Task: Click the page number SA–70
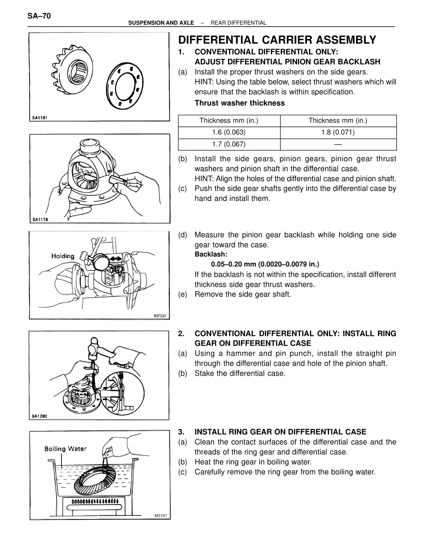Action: tap(39, 16)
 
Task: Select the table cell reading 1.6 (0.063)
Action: tap(229, 132)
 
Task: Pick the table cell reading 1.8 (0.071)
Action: tap(338, 132)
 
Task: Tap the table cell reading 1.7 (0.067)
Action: tap(229, 144)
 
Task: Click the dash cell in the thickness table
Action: tap(338, 144)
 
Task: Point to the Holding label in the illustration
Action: tap(63, 256)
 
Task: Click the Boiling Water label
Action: tap(65, 449)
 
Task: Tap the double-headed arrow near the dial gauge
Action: tap(116, 259)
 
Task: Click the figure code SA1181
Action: tap(40, 118)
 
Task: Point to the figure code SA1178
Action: tap(40, 219)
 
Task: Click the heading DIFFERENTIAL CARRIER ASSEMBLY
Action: tap(277, 40)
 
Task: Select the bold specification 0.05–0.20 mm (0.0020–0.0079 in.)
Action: tap(265, 264)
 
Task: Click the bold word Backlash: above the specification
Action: tap(211, 254)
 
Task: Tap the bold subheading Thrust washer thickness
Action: tap(239, 103)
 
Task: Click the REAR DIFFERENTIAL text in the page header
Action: tap(238, 23)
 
